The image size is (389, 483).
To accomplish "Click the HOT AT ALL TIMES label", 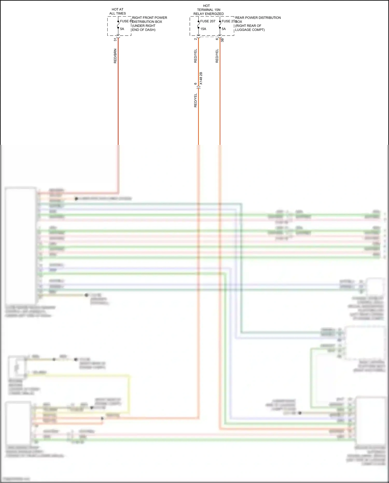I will click(117, 11).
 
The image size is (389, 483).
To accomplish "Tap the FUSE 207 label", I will click(208, 21).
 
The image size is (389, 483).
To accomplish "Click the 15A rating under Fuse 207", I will click(203, 29).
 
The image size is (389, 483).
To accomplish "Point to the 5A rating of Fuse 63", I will click(122, 29).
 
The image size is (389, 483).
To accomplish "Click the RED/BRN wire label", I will click(115, 56).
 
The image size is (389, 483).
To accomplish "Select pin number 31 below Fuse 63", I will click(115, 39).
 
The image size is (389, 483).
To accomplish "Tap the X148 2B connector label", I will click(201, 78).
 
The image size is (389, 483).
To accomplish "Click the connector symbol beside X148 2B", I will click(198, 87).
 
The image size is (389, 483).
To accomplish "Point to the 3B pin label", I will click(222, 40).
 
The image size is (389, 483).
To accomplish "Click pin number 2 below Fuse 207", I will click(196, 39).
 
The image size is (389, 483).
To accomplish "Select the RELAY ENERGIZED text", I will click(209, 14).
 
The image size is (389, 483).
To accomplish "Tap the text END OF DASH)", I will click(144, 30).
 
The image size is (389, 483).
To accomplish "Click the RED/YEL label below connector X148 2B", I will click(196, 100).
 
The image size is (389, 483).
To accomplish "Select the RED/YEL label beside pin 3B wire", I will click(217, 56).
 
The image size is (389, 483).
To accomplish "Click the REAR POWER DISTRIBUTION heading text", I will click(258, 18).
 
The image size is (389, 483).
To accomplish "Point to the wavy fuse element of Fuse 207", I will click(198, 25).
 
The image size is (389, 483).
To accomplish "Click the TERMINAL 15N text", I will click(209, 10).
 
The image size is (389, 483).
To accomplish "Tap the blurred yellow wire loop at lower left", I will click(129, 392).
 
